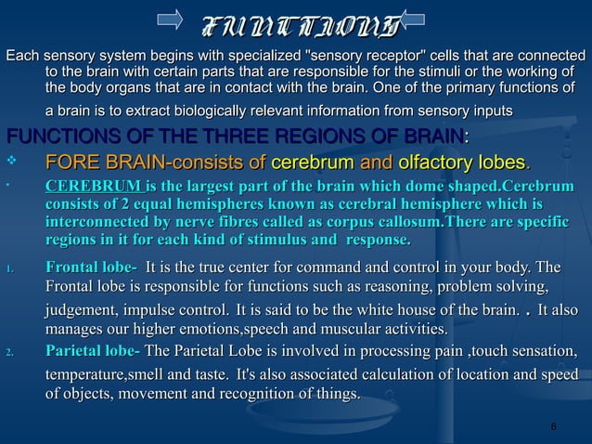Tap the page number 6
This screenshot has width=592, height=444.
click(553, 426)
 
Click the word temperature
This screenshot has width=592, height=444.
click(92, 375)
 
